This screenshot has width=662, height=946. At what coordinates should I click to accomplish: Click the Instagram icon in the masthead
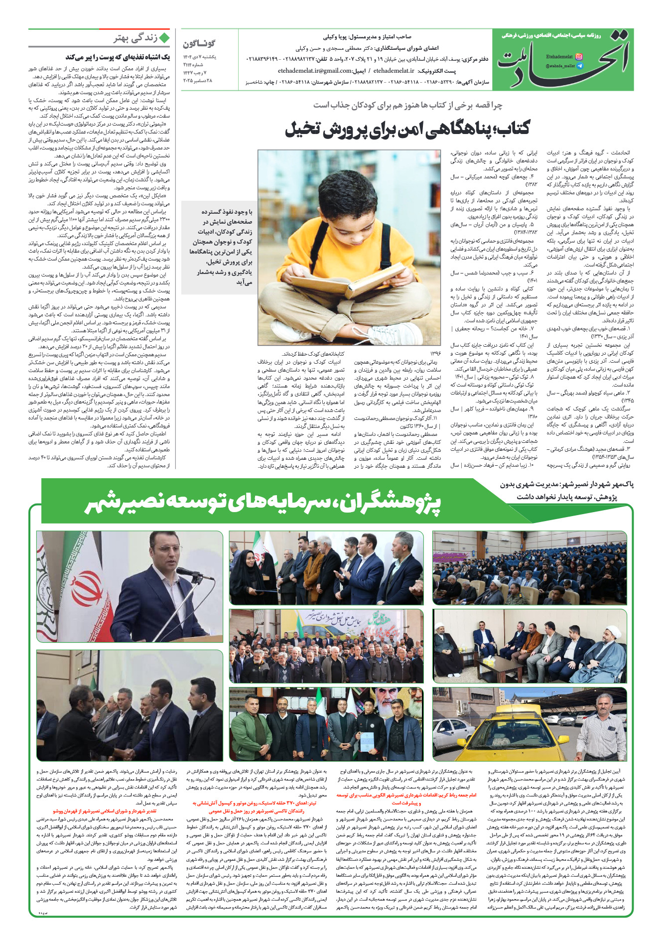[x=578, y=57]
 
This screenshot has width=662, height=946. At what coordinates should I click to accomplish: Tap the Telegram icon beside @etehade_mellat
[x=579, y=66]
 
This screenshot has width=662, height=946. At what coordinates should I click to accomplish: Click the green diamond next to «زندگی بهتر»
[x=164, y=38]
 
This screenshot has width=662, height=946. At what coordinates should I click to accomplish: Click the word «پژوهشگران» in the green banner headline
[x=389, y=504]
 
